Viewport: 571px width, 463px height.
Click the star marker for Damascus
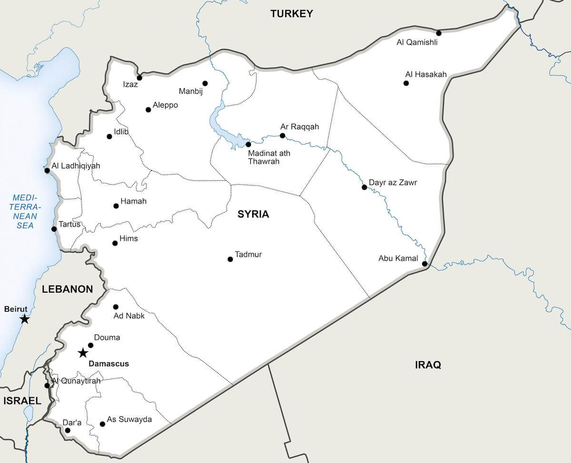83,353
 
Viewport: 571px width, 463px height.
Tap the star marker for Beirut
24,319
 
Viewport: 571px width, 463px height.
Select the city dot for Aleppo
148,109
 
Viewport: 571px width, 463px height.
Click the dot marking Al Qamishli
439,33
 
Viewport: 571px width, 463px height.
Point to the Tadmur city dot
230,259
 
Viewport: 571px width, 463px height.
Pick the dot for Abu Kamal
424,263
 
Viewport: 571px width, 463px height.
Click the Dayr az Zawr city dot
364,187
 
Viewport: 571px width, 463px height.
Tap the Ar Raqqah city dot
282,136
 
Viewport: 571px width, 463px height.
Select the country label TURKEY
292,14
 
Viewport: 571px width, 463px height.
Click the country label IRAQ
428,365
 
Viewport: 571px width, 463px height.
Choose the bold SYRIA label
253,214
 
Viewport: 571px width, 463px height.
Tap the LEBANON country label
67,289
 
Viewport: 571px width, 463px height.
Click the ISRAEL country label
22,401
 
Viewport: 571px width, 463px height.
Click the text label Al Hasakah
426,74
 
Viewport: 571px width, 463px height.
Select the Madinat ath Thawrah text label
269,158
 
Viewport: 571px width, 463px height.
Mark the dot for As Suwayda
102,424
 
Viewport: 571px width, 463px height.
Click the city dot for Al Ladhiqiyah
47,170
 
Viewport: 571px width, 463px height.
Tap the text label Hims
128,238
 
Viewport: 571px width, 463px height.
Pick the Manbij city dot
205,83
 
